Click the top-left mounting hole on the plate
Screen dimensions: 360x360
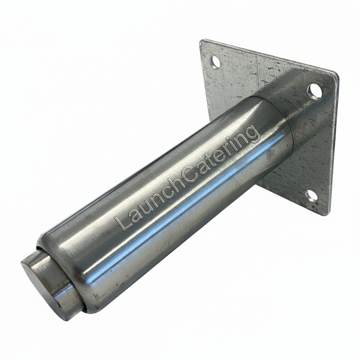(x=216, y=62)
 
